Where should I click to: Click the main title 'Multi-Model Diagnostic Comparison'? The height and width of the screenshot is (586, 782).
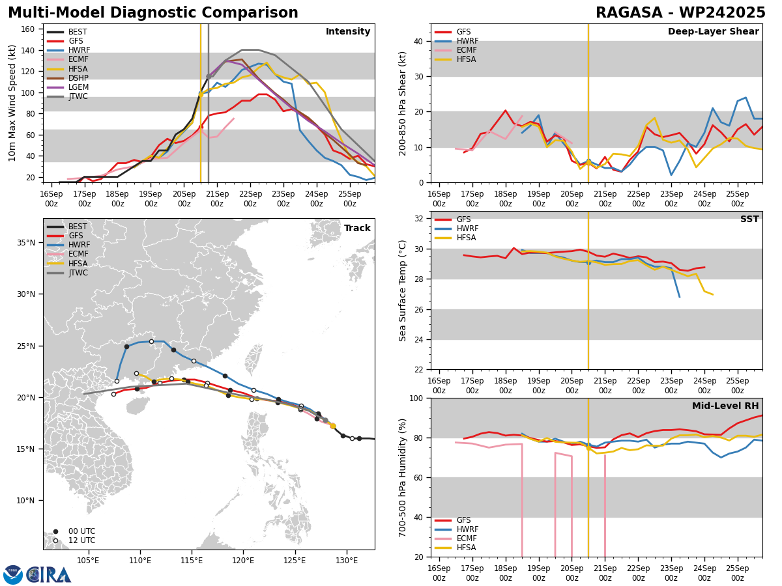(x=153, y=13)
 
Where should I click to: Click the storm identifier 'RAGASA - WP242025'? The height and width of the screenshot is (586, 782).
(x=680, y=13)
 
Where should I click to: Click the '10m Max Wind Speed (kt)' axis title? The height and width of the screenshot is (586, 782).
(x=12, y=103)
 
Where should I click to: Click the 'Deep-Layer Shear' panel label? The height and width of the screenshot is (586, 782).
(x=713, y=32)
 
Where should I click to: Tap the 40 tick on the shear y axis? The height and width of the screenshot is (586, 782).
(x=417, y=41)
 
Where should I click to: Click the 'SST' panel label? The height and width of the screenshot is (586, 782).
(x=749, y=219)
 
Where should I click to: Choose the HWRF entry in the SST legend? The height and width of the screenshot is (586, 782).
(x=467, y=229)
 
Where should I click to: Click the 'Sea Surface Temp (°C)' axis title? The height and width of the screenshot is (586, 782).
(x=403, y=290)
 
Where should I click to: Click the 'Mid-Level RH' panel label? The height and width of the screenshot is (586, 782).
(x=725, y=406)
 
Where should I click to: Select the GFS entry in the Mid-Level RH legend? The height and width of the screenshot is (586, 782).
(x=463, y=520)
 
